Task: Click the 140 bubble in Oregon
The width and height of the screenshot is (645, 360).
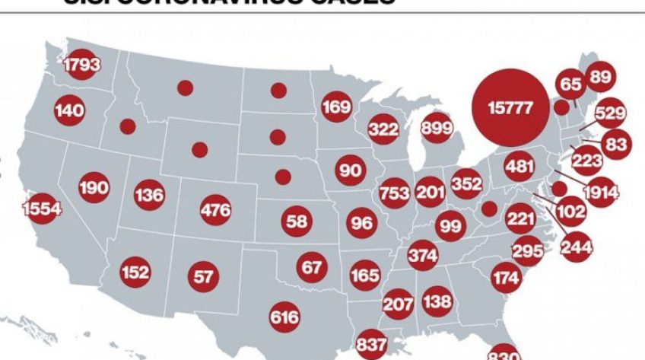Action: [69, 111]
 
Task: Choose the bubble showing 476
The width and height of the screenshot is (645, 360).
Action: [215, 209]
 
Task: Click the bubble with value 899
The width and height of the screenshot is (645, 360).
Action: [437, 127]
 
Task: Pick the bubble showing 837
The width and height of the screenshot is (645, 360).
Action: [371, 345]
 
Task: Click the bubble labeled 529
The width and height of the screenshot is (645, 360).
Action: [610, 113]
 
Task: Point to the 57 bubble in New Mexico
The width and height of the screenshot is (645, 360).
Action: [203, 276]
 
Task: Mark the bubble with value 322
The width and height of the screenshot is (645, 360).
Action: [384, 129]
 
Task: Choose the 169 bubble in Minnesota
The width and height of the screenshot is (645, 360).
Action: [336, 107]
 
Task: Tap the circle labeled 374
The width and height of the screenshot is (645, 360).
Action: [423, 254]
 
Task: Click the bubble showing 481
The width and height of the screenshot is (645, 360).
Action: [520, 166]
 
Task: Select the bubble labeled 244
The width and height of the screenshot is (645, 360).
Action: [576, 247]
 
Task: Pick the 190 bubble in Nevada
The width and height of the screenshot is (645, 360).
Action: [94, 187]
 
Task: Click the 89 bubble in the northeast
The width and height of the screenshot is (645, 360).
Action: [600, 76]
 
